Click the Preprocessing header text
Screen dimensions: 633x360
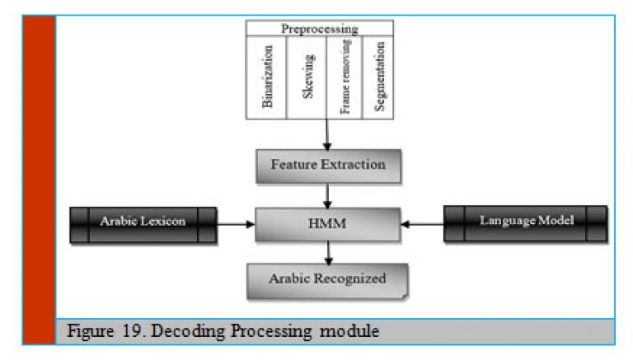[319, 29]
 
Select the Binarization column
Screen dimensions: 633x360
[266, 77]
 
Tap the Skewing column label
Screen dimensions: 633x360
[308, 77]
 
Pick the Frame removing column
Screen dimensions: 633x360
[345, 77]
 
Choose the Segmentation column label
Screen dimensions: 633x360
[379, 77]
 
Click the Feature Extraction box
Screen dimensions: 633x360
[328, 166]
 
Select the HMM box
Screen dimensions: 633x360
[327, 224]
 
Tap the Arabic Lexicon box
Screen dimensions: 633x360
[143, 225]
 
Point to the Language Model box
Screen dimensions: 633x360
[525, 223]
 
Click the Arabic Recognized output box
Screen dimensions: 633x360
[327, 281]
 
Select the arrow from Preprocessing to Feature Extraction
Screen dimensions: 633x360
[327, 135]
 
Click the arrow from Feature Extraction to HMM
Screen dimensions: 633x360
[327, 196]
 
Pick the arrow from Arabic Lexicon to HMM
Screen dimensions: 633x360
[236, 224]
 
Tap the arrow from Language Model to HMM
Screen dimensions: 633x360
[422, 224]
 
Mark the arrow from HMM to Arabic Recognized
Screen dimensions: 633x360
[329, 253]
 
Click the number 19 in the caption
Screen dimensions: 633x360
[132, 330]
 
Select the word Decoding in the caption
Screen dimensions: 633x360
[188, 331]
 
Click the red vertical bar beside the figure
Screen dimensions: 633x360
[40, 180]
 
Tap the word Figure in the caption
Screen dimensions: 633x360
[91, 332]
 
